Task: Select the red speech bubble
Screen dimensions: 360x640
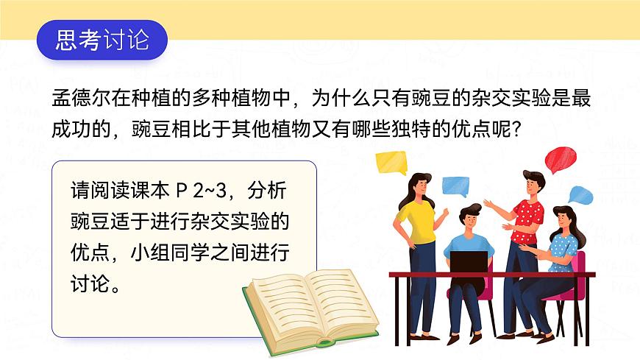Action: tap(561, 158)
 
